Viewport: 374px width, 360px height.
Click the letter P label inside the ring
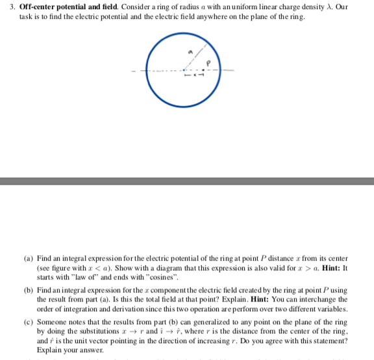click(x=208, y=63)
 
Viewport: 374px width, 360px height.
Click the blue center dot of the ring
click(x=184, y=70)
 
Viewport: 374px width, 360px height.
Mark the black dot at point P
click(x=203, y=70)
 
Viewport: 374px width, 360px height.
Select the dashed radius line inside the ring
click(x=196, y=58)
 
